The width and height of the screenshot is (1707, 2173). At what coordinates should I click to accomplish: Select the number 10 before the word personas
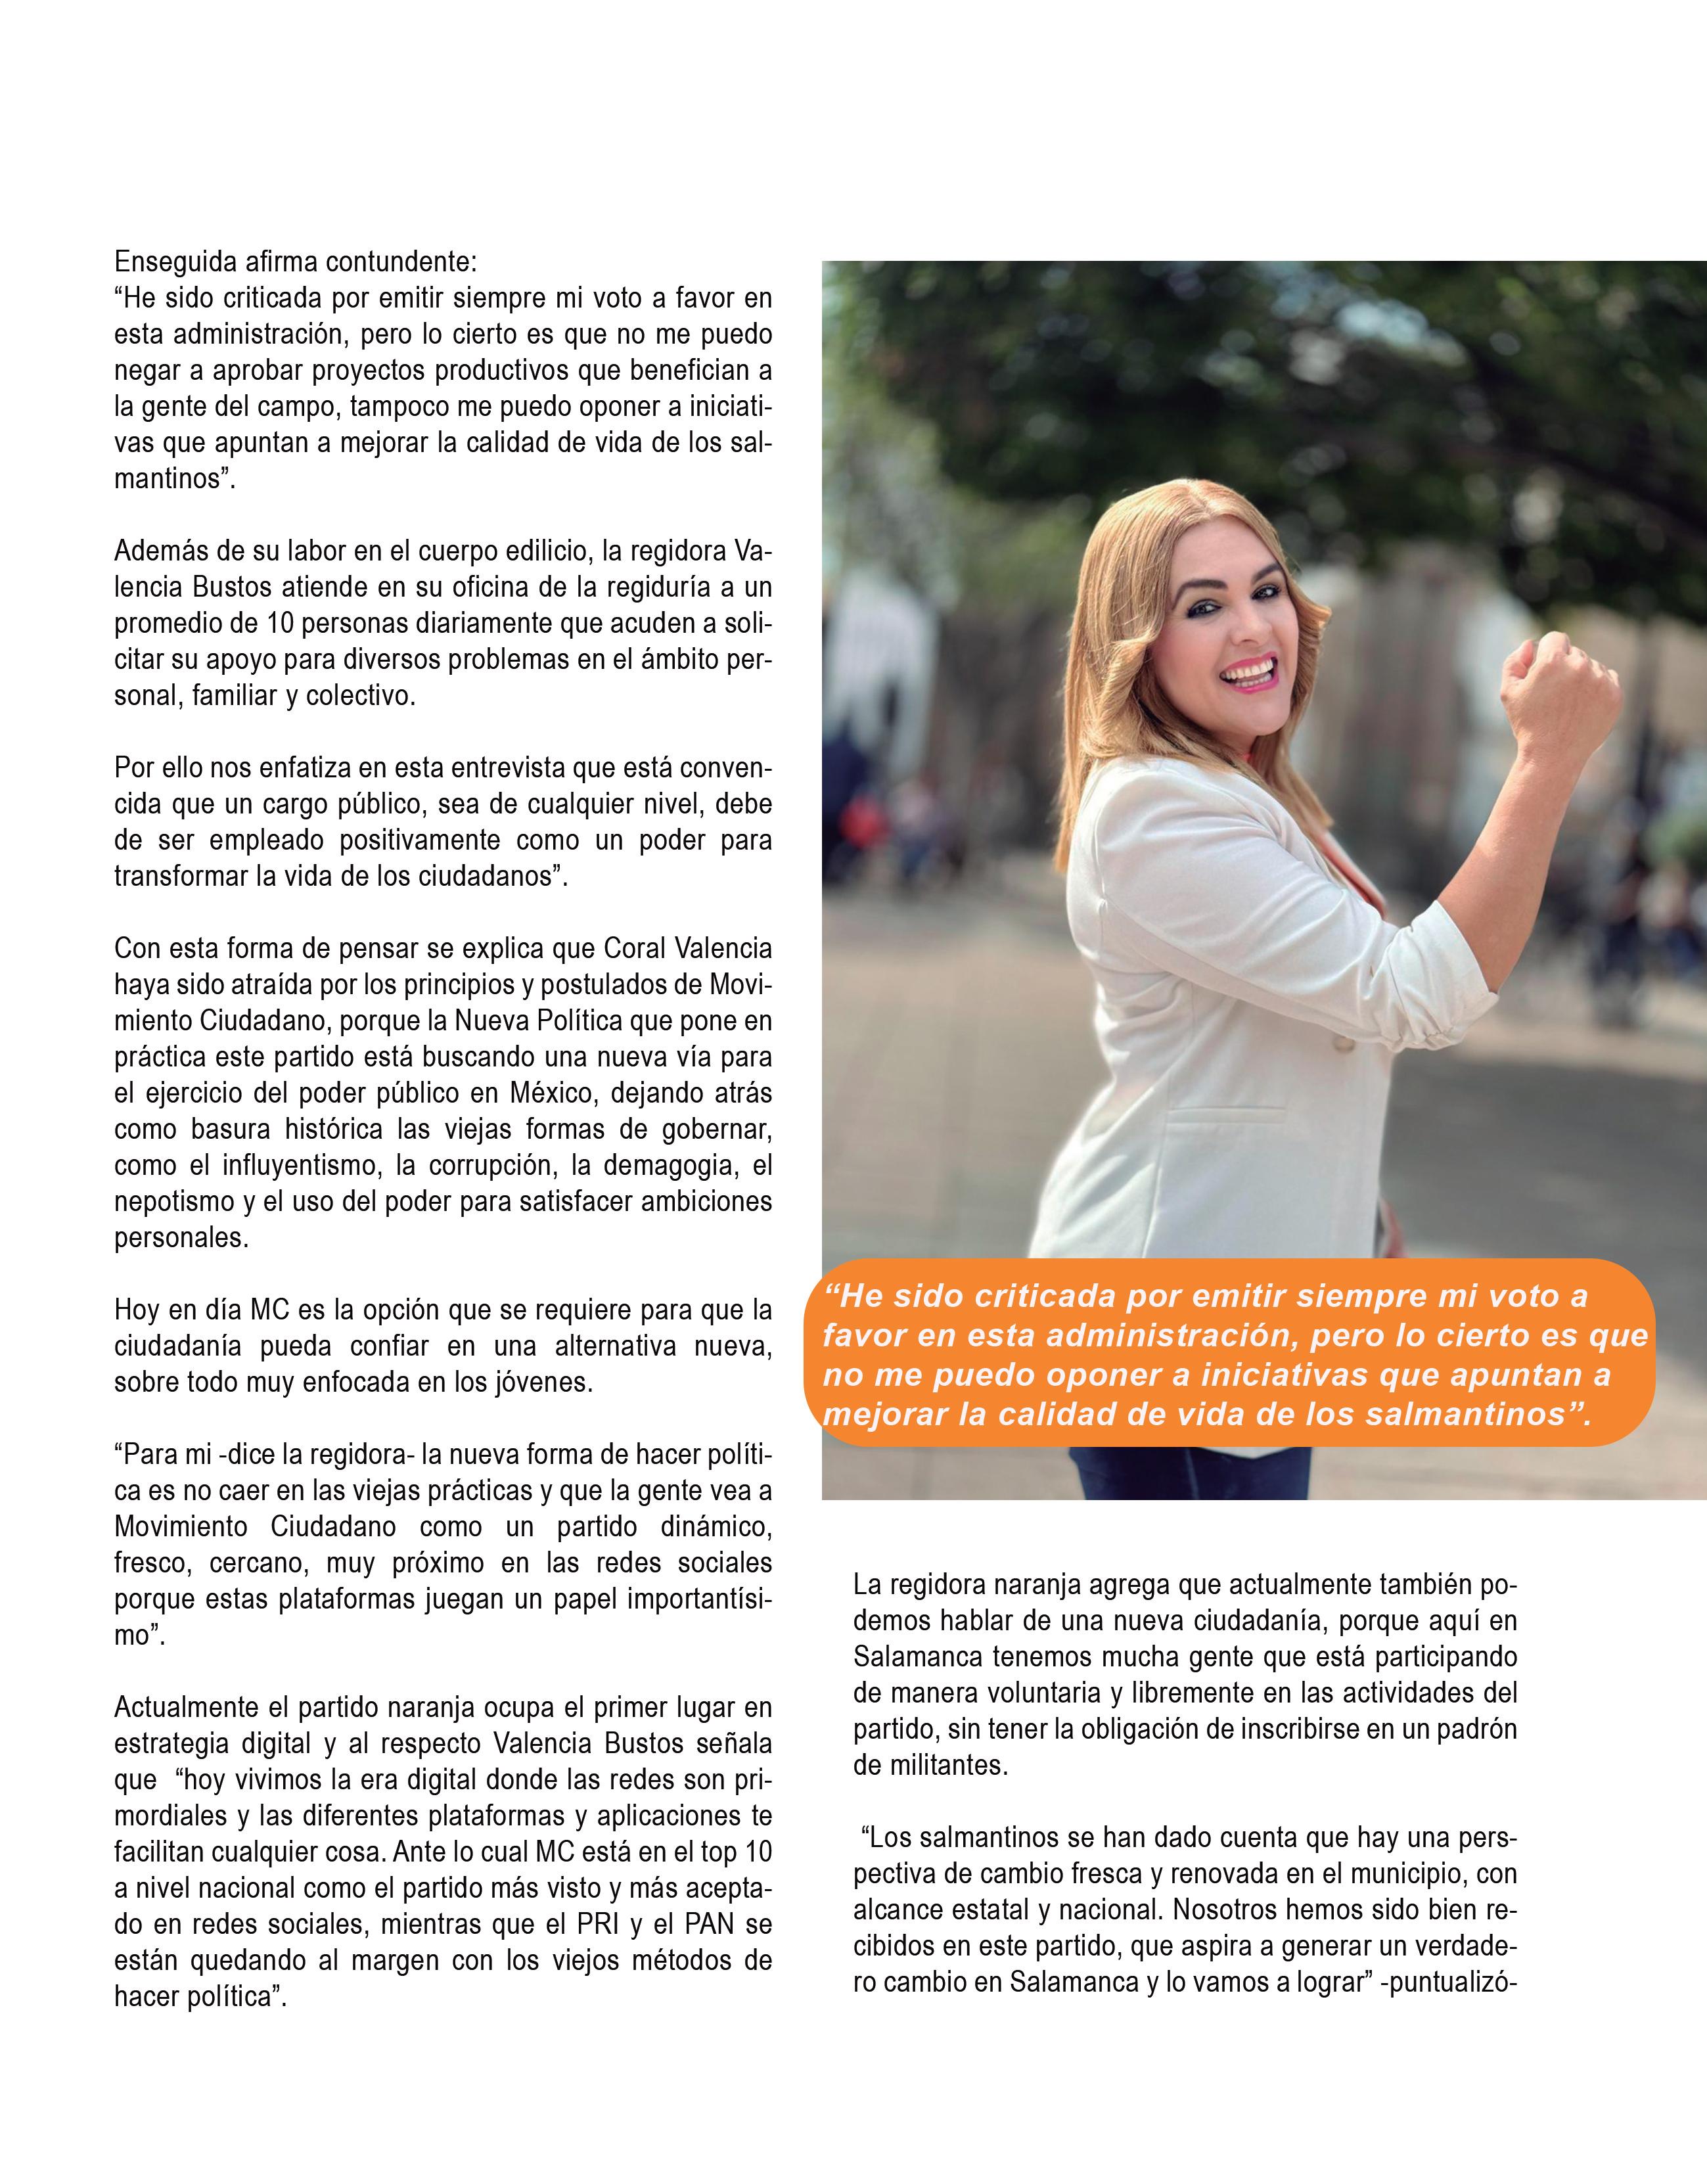tap(279, 623)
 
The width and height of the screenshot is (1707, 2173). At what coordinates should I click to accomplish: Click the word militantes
tap(947, 1765)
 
